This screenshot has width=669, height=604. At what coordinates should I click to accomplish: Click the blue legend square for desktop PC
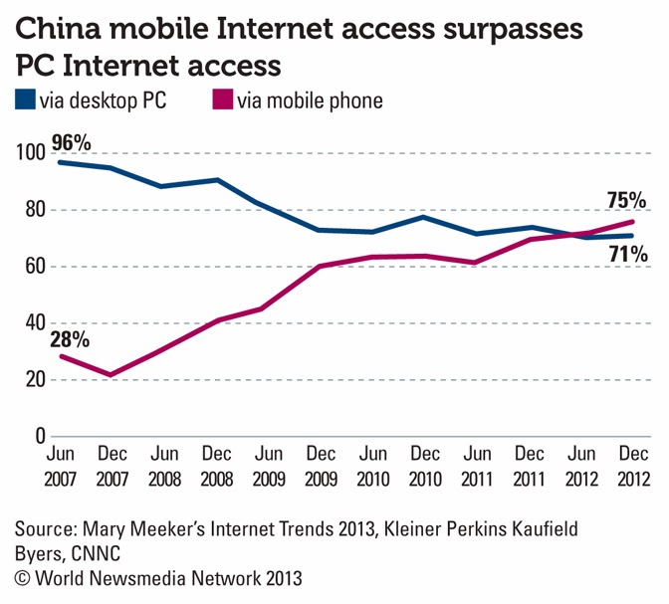tap(24, 101)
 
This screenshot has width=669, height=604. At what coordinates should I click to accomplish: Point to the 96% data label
tap(70, 143)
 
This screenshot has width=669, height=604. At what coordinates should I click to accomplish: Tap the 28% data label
tap(70, 338)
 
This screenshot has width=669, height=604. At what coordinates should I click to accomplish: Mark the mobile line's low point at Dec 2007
tap(111, 375)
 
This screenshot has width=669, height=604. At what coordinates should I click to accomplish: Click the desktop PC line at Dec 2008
tap(217, 180)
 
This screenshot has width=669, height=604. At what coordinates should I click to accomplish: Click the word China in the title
tap(64, 30)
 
